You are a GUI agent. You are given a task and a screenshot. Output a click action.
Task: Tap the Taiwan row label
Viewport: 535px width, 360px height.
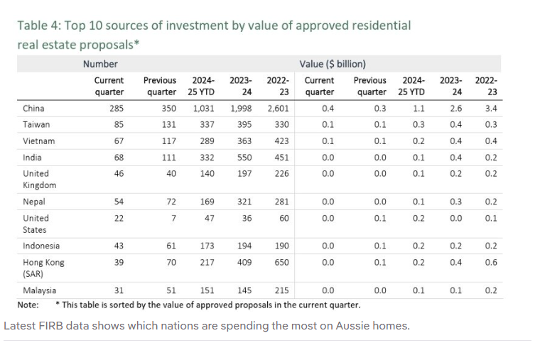pyautogui.click(x=35, y=124)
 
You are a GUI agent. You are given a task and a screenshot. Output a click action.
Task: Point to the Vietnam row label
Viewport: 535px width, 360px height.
pyautogui.click(x=38, y=141)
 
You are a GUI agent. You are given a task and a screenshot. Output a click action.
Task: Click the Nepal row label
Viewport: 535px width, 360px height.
pyautogui.click(x=33, y=202)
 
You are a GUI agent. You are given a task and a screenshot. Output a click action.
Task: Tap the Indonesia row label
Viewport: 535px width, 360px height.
pyautogui.click(x=41, y=246)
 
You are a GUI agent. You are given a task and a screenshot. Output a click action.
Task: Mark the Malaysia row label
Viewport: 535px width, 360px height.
pyautogui.click(x=39, y=290)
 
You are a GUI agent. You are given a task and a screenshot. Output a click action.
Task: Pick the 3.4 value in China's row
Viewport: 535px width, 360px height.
pyautogui.click(x=491, y=109)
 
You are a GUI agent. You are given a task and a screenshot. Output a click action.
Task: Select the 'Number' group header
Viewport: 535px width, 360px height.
pyautogui.click(x=99, y=64)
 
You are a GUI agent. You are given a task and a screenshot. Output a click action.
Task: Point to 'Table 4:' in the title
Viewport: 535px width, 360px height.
pyautogui.click(x=39, y=26)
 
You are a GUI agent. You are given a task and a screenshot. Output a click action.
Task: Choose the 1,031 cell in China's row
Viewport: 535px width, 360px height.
pyautogui.click(x=205, y=109)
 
